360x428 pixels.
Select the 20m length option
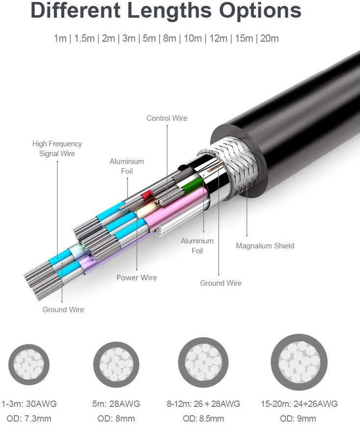(269, 38)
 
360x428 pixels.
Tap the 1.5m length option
(84, 38)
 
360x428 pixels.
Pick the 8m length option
(169, 38)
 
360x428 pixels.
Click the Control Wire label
(167, 118)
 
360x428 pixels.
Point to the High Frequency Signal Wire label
(57, 149)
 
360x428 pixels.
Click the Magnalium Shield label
(265, 246)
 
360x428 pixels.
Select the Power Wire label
(137, 278)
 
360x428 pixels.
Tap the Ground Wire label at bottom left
(63, 310)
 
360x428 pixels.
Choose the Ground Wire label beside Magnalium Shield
(221, 283)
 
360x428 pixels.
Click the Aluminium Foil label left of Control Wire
(127, 166)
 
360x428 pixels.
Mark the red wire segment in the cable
(147, 195)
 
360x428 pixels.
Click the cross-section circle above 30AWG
(29, 364)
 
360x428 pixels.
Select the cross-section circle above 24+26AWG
(299, 362)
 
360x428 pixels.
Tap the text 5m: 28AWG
(116, 403)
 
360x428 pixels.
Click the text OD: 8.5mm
(204, 419)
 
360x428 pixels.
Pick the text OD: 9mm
(298, 419)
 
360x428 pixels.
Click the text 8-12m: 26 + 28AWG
(204, 403)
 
